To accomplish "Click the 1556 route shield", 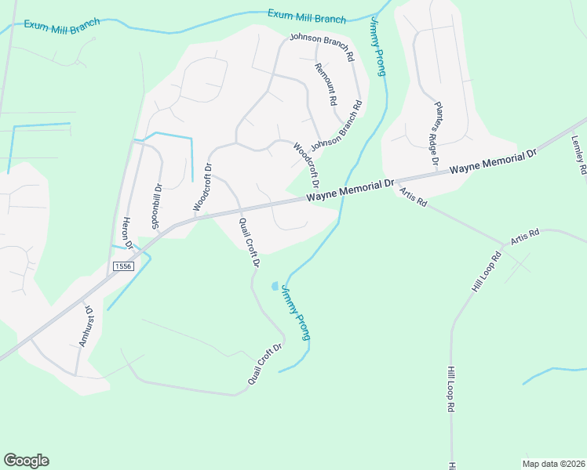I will pyautogui.click(x=122, y=266).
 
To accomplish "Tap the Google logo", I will pyautogui.click(x=26, y=461).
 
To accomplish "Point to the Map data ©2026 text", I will pyautogui.click(x=553, y=463).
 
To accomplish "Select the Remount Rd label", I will pyautogui.click(x=325, y=85).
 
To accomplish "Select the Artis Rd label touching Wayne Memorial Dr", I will pyautogui.click(x=412, y=197).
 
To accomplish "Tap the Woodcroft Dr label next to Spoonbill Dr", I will pyautogui.click(x=202, y=187).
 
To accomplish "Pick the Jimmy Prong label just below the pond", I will pyautogui.click(x=295, y=312).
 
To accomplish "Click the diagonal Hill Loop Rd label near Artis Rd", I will pyautogui.click(x=486, y=273).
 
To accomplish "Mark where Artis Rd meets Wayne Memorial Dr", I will pyautogui.click(x=396, y=186).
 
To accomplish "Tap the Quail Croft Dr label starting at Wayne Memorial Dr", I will pyautogui.click(x=249, y=242).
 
